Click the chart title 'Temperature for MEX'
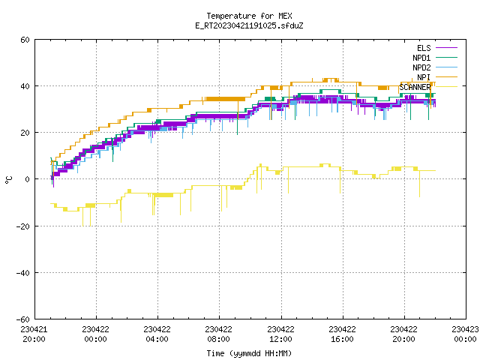[249, 16]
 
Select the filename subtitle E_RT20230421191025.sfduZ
[249, 25]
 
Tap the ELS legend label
[424, 48]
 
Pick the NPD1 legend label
[421, 58]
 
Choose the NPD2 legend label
[421, 67]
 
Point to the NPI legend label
[424, 77]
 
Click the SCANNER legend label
[415, 87]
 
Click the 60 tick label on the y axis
[25, 40]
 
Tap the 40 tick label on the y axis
[25, 86]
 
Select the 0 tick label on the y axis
[28, 179]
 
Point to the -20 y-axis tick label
[23, 226]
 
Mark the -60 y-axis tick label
[23, 319]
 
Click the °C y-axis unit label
[9, 180]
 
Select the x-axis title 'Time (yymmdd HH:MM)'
[249, 353]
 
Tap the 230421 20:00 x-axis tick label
[34, 334]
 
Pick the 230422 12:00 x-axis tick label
[280, 334]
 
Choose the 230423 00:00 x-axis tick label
[465, 334]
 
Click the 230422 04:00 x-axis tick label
[157, 334]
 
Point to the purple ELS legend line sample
[446, 48]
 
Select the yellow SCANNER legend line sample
[446, 87]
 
